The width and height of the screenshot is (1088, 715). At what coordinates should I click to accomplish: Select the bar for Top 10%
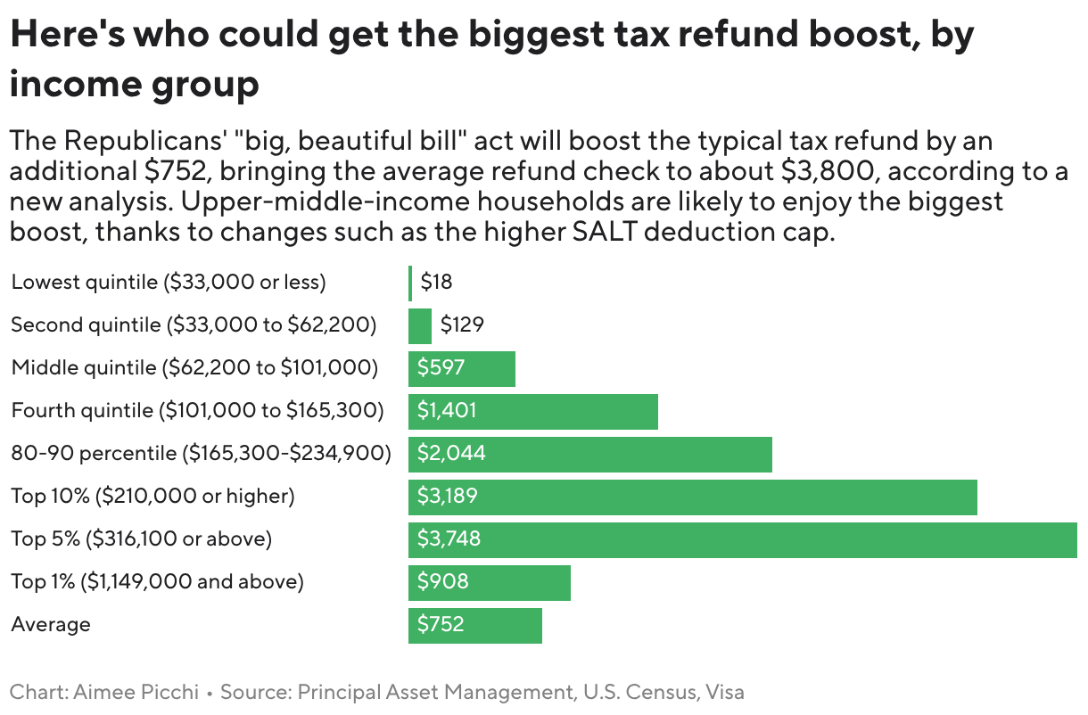(692, 497)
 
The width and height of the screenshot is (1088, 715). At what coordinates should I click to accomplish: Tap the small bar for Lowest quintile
(410, 283)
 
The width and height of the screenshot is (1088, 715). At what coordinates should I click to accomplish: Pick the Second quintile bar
(420, 325)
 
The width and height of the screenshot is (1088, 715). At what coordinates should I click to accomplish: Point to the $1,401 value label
(447, 411)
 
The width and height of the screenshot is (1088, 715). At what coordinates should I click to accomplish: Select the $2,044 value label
(451, 454)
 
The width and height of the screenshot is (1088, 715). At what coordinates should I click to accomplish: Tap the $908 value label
(443, 582)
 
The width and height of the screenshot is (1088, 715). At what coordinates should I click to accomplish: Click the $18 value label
(436, 283)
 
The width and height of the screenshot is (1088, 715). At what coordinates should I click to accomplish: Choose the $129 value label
(462, 325)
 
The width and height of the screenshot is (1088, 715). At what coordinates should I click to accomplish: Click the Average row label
(51, 625)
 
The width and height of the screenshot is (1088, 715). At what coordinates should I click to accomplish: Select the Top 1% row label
(158, 582)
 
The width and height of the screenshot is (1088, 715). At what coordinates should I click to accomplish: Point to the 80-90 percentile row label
(201, 454)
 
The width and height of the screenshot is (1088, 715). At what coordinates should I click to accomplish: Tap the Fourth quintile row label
(197, 411)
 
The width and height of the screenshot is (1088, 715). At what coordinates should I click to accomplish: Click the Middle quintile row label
(194, 368)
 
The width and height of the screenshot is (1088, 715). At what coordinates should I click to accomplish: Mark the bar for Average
(474, 625)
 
